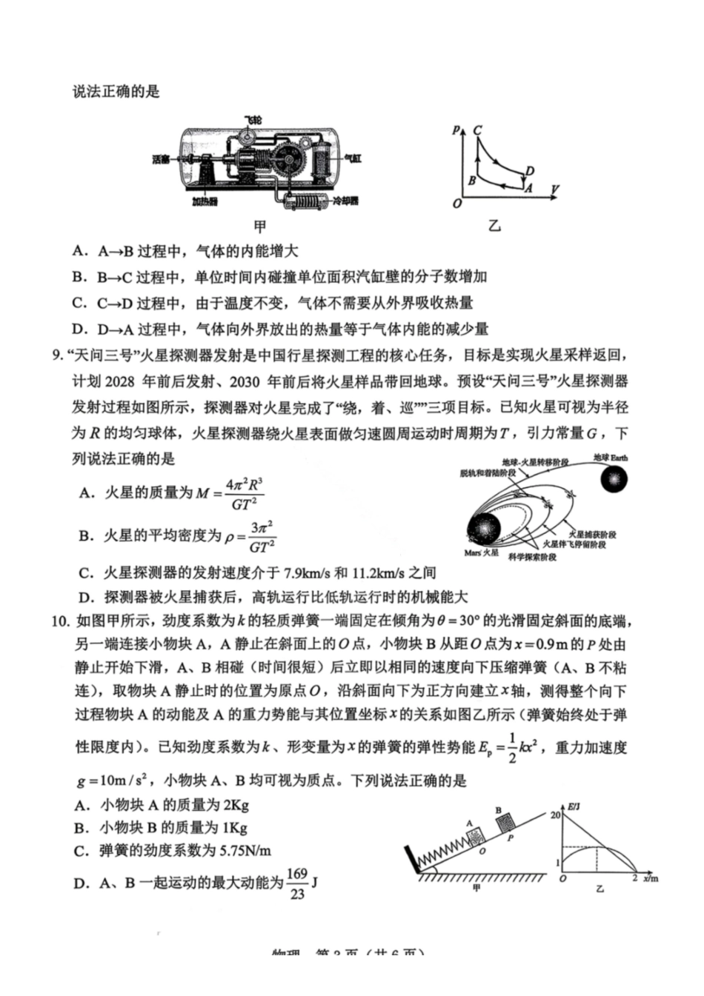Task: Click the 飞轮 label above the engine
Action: (x=253, y=119)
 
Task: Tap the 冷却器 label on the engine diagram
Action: (x=345, y=201)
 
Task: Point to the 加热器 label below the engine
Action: (x=205, y=201)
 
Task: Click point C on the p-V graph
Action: (x=477, y=130)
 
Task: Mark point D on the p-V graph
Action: (x=529, y=172)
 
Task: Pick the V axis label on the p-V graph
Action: (x=554, y=190)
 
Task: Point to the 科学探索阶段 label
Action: (x=531, y=557)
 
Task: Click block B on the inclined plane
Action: (x=505, y=823)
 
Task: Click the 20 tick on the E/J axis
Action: (x=555, y=815)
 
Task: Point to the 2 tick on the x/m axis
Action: (x=634, y=878)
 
